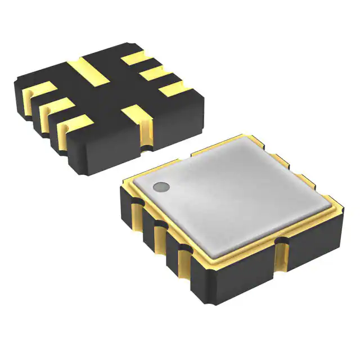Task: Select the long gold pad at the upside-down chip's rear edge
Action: (88, 71)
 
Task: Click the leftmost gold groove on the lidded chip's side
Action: (137, 217)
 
